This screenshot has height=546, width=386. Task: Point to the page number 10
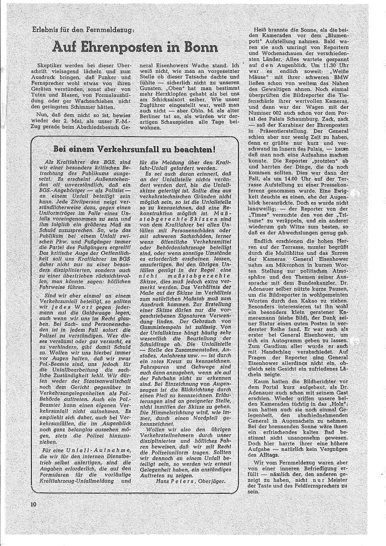[34, 504]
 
